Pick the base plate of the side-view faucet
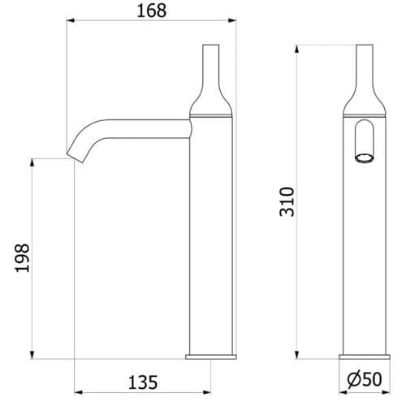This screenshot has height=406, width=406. (212, 356)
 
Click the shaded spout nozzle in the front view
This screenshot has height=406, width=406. (365, 155)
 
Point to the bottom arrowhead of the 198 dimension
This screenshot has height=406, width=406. (34, 354)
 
